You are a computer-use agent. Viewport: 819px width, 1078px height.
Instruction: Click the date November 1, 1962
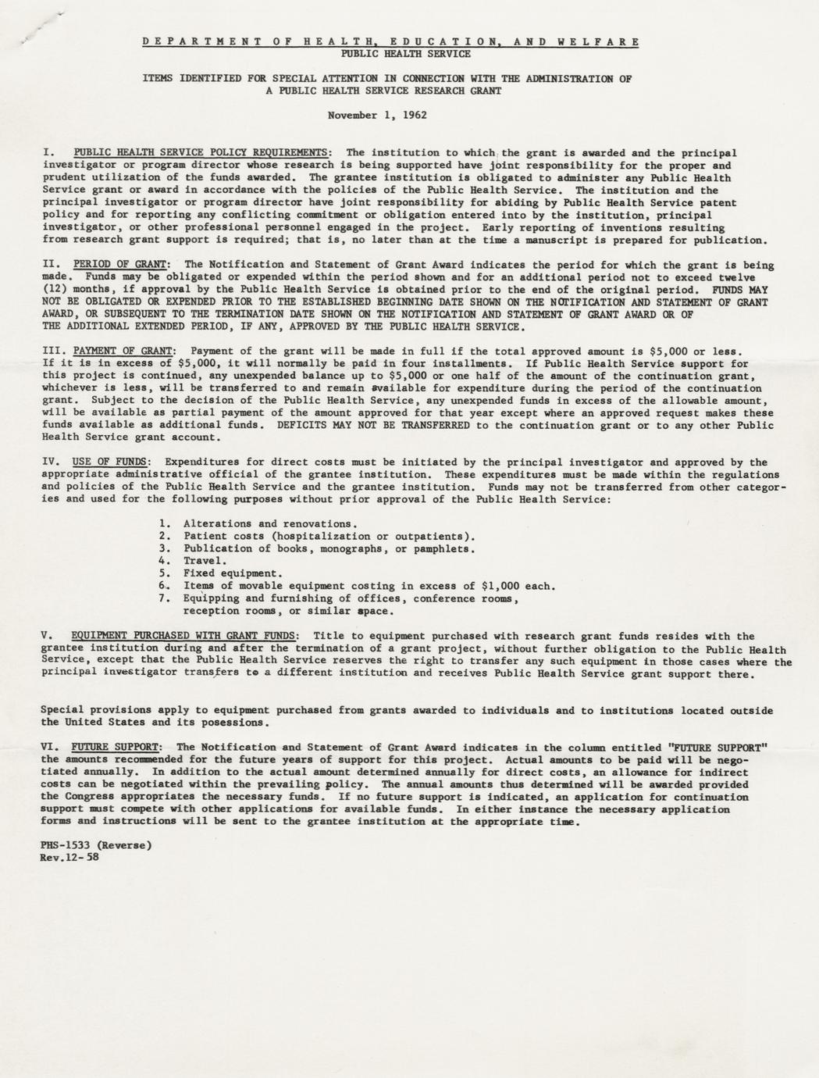tap(377, 116)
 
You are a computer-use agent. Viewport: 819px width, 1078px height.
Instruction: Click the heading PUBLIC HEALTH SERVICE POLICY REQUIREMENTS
tap(201, 152)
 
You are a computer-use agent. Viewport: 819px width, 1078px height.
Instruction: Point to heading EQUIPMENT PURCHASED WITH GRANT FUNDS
tap(183, 637)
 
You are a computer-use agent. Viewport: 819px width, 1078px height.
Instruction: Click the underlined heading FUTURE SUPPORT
tap(117, 747)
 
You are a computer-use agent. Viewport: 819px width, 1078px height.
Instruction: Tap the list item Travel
tap(205, 561)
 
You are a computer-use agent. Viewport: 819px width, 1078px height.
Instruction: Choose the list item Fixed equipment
tap(230, 573)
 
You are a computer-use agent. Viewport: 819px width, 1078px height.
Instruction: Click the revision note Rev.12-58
tap(69, 858)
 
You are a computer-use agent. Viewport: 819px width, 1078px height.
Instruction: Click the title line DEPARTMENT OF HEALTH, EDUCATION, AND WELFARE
tap(390, 41)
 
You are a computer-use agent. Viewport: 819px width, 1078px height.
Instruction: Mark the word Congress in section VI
tap(94, 797)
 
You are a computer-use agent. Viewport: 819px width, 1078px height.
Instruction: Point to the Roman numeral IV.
tap(50, 462)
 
